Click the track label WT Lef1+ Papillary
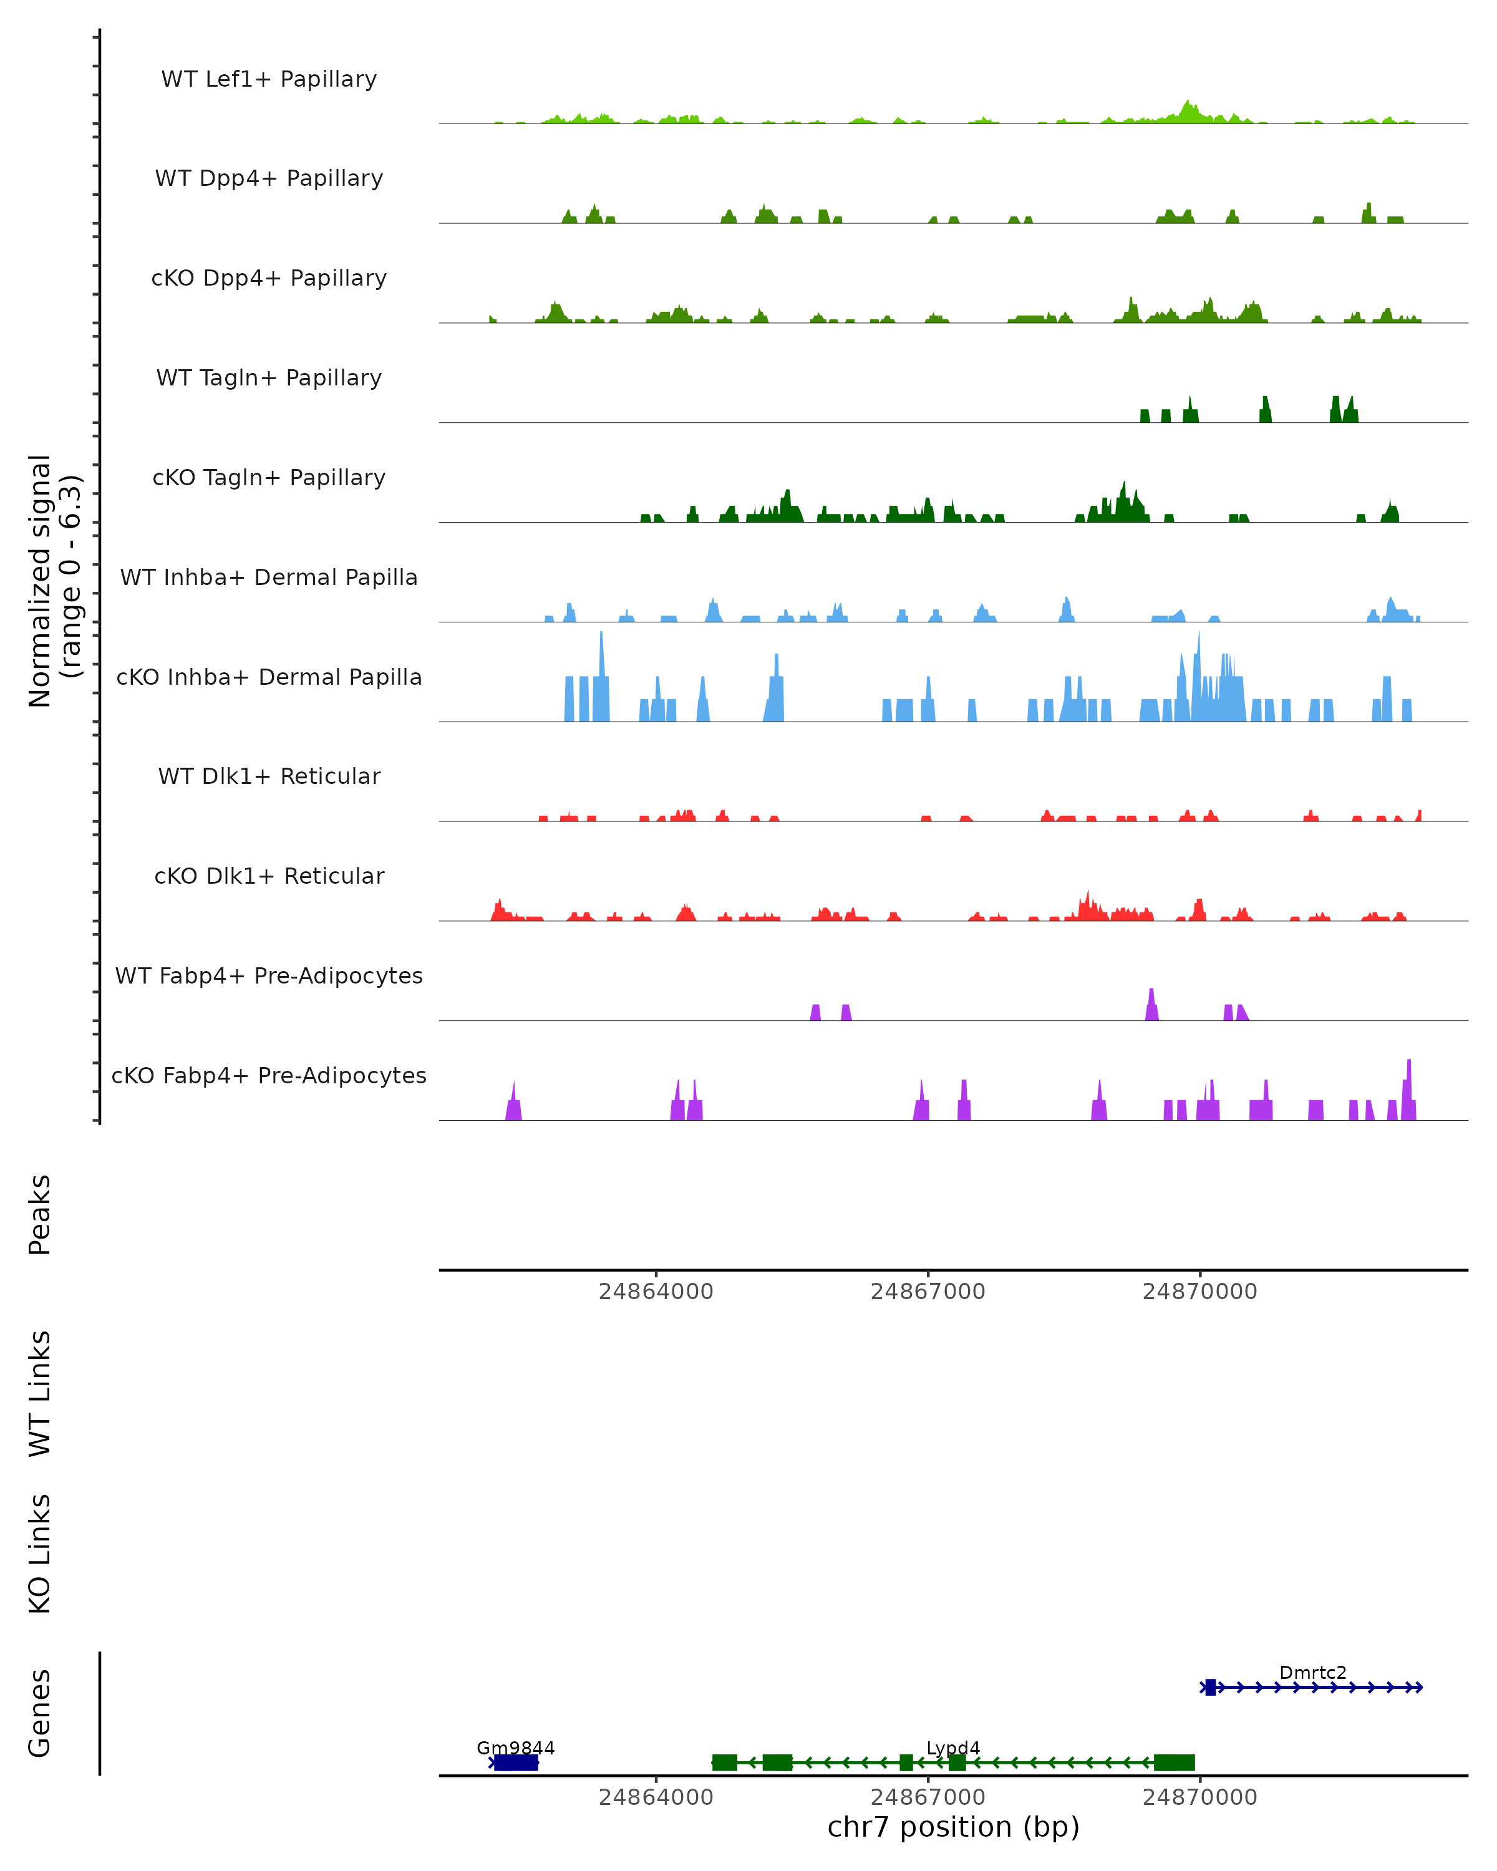tap(269, 79)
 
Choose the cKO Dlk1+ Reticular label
tap(269, 876)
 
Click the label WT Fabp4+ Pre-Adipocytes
tap(269, 975)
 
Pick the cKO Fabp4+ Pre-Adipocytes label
tap(269, 1075)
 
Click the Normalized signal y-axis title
tap(54, 581)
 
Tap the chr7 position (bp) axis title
tap(953, 1826)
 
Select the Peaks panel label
tap(40, 1214)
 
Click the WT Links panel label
tap(40, 1393)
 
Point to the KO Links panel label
tap(40, 1554)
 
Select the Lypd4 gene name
tap(953, 1748)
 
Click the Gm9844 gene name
tap(515, 1748)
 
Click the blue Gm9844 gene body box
tap(515, 1762)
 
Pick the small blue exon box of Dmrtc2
tap(1209, 1687)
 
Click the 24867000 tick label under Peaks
tap(928, 1292)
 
